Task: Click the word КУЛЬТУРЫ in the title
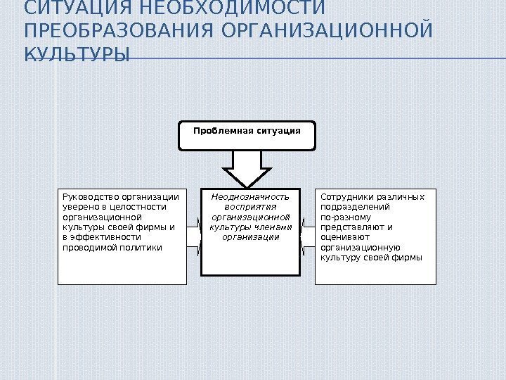point(77,54)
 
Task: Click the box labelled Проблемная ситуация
point(247,136)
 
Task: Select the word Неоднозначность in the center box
point(251,197)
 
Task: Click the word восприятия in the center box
point(251,207)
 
